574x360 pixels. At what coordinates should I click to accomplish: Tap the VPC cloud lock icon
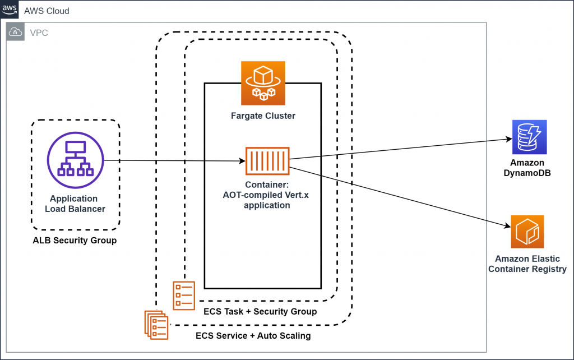coord(16,33)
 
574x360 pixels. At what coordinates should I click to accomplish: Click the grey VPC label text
coord(39,33)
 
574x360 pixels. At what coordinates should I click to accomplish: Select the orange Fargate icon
coord(263,84)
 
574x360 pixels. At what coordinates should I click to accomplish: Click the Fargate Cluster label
coord(263,116)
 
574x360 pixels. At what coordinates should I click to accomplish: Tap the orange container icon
coord(267,161)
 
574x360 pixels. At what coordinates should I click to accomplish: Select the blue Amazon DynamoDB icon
coord(529,137)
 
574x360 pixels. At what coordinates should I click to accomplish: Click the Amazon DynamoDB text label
coord(527,168)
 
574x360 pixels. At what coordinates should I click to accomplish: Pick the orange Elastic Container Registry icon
coord(527,232)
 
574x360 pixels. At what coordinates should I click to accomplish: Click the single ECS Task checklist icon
coord(184,295)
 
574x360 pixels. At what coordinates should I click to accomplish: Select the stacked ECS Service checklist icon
coord(155,324)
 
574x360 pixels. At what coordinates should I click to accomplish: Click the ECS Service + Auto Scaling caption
coord(253,336)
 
